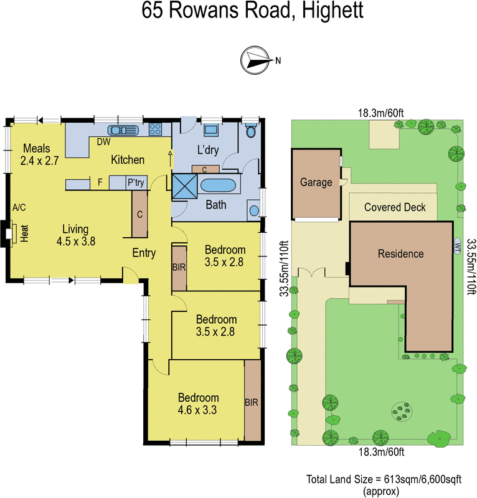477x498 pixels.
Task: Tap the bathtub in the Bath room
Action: click(x=217, y=186)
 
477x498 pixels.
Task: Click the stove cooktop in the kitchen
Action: click(x=156, y=131)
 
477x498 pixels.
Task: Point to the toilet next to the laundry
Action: click(x=251, y=131)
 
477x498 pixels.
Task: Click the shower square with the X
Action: click(x=184, y=186)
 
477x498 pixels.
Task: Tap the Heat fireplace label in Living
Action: click(x=26, y=233)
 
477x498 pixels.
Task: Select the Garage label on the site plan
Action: click(x=316, y=183)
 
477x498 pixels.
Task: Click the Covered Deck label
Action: click(x=395, y=207)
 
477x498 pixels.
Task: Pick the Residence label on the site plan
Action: click(x=400, y=254)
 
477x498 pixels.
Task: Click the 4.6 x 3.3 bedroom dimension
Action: click(x=198, y=410)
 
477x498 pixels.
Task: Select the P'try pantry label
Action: click(x=136, y=182)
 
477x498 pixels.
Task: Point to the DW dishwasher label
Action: click(x=103, y=142)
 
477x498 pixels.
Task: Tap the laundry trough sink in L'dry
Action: click(x=211, y=130)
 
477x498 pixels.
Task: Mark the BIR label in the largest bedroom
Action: click(x=252, y=402)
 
